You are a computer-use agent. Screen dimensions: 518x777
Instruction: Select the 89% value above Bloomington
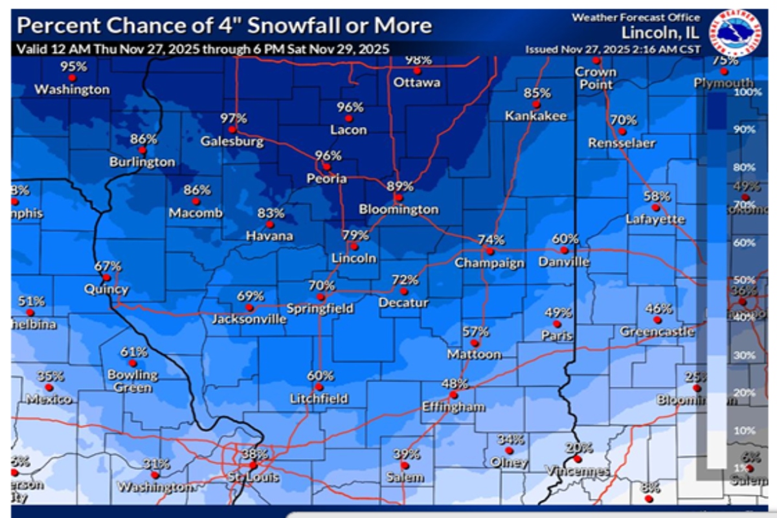(399, 186)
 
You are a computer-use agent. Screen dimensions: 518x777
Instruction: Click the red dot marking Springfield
(320, 297)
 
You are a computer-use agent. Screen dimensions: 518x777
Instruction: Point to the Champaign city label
(489, 263)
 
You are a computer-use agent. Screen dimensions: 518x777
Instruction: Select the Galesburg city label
(232, 141)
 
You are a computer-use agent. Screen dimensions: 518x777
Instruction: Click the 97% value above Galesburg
(233, 118)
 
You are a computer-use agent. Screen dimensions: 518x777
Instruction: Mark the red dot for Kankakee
(536, 104)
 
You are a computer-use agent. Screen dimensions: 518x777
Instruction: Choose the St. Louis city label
(254, 477)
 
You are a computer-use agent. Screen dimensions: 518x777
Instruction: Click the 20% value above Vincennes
(578, 447)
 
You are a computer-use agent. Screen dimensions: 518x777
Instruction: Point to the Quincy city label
(106, 289)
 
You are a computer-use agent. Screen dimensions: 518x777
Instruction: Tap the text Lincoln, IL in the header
(660, 32)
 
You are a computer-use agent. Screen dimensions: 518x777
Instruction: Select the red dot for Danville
(564, 250)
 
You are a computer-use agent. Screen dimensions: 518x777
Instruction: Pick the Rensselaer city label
(622, 143)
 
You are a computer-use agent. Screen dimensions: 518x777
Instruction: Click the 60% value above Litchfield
(320, 376)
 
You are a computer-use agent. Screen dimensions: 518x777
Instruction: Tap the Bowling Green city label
(133, 381)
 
